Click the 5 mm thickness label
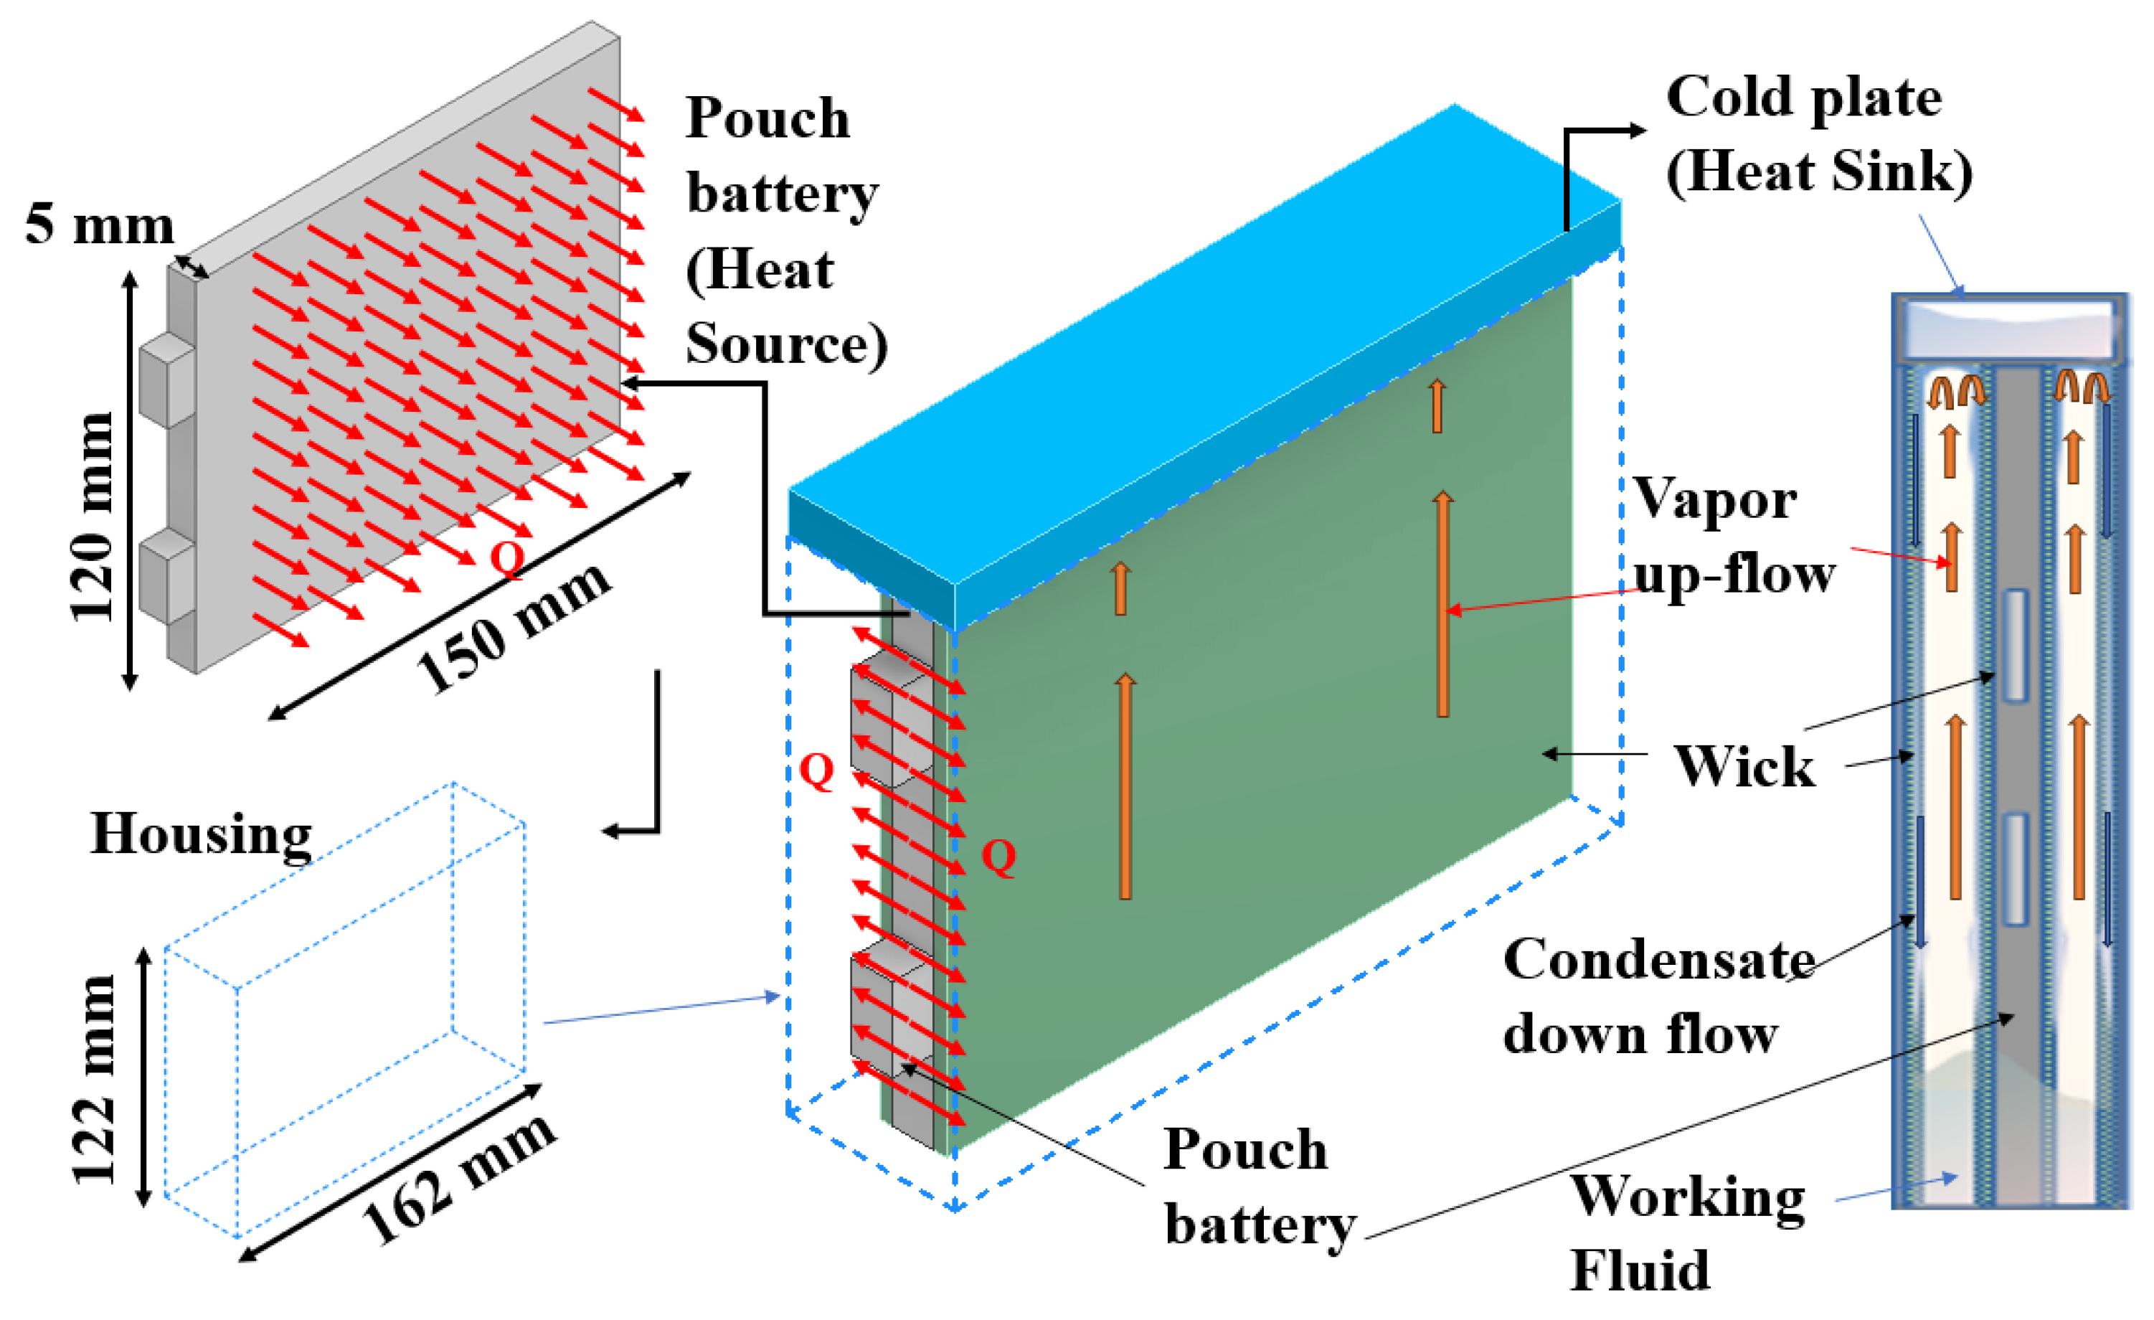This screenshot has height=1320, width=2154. (99, 225)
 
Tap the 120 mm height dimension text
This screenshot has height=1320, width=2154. (93, 517)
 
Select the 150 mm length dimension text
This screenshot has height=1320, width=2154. (514, 628)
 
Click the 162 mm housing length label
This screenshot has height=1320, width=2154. (458, 1181)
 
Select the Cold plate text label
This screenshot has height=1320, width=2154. (1803, 96)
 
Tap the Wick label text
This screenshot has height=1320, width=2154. (1744, 767)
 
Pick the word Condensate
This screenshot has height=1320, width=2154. (1658, 960)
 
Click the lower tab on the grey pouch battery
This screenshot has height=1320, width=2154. (166, 577)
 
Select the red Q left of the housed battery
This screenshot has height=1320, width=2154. (816, 771)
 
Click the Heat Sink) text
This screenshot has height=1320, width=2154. (1818, 171)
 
